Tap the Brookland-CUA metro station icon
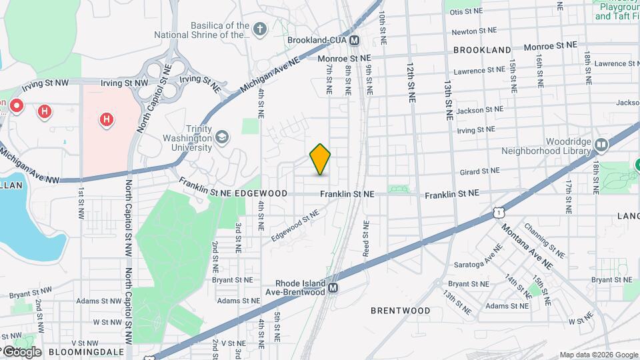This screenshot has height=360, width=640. pyautogui.click(x=355, y=40)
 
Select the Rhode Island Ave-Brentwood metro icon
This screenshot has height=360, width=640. pyautogui.click(x=333, y=288)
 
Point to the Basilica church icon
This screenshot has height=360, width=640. pyautogui.click(x=259, y=29)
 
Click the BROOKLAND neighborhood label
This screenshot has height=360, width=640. pyautogui.click(x=482, y=50)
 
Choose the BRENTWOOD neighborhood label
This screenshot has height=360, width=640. pyautogui.click(x=400, y=311)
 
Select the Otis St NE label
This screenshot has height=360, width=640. pyautogui.click(x=465, y=12)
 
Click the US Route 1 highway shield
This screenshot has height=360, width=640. pyautogui.click(x=498, y=211)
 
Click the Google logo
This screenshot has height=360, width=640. pyautogui.click(x=22, y=351)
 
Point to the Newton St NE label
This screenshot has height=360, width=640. pyautogui.click(x=474, y=31)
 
